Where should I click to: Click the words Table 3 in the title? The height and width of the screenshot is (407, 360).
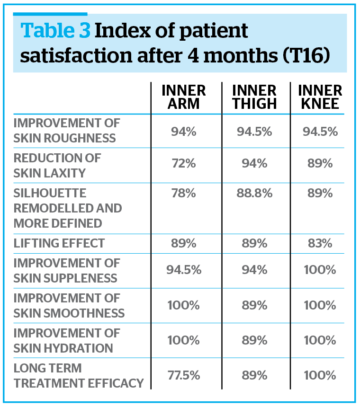pos(55,31)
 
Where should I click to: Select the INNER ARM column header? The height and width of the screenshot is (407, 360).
pos(184,97)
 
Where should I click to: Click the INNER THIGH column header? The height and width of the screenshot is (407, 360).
pos(254,97)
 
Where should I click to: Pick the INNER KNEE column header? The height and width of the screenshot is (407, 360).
pos(321,97)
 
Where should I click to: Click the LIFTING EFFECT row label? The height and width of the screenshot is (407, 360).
pos(59,243)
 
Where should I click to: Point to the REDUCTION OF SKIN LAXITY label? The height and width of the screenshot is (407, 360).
pos(57,165)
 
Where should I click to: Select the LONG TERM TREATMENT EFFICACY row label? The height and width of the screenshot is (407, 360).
pos(79,375)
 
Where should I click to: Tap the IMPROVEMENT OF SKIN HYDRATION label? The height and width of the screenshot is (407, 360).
pos(67,340)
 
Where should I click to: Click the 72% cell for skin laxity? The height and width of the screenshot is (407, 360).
pos(183,164)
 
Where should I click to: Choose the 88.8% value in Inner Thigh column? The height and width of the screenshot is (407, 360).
pos(254,194)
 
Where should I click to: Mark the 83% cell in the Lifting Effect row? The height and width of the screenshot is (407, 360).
pos(320,243)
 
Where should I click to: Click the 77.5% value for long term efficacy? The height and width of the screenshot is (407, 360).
pos(183,375)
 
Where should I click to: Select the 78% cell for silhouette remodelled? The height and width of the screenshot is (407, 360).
pos(183,194)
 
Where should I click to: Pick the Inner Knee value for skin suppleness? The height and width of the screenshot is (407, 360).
pos(320,270)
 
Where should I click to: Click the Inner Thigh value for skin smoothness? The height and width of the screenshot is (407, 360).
pos(254,305)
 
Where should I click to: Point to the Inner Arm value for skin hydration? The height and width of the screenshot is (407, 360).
pos(183,340)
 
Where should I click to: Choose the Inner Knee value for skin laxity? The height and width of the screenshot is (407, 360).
pos(320,164)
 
